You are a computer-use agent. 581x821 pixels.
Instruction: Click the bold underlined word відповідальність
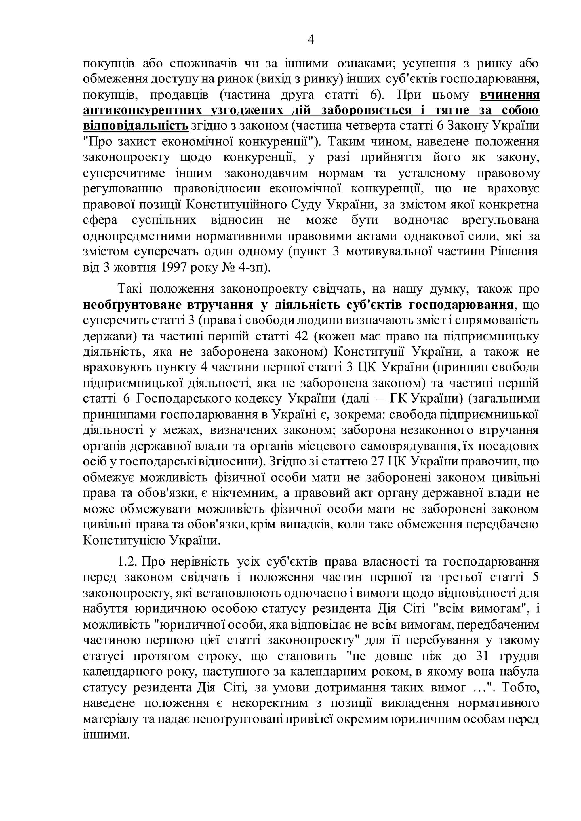[x=136, y=126]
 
